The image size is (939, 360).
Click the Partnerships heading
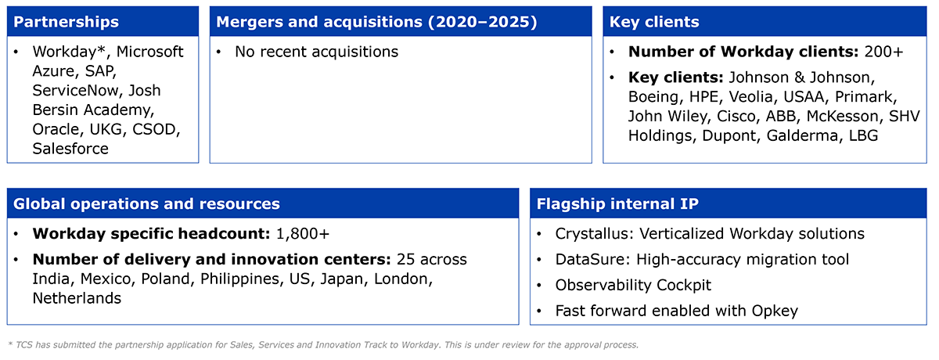pyautogui.click(x=67, y=22)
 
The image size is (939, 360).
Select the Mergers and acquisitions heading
pyautogui.click(x=376, y=22)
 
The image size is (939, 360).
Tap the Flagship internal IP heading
pyautogui.click(x=617, y=203)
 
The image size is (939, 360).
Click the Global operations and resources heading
pyautogui.click(x=146, y=203)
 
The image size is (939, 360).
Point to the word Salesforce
pyautogui.click(x=70, y=149)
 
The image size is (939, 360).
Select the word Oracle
pyautogui.click(x=58, y=129)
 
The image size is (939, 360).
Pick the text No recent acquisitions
pyautogui.click(x=316, y=52)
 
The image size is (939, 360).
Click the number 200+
pyautogui.click(x=883, y=52)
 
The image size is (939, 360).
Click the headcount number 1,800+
pyautogui.click(x=303, y=233)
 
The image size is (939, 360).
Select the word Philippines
pyautogui.click(x=239, y=279)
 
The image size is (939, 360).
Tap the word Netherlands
pyautogui.click(x=77, y=298)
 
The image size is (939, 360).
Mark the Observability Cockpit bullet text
pyautogui.click(x=633, y=285)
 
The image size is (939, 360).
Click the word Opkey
pyautogui.click(x=775, y=311)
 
